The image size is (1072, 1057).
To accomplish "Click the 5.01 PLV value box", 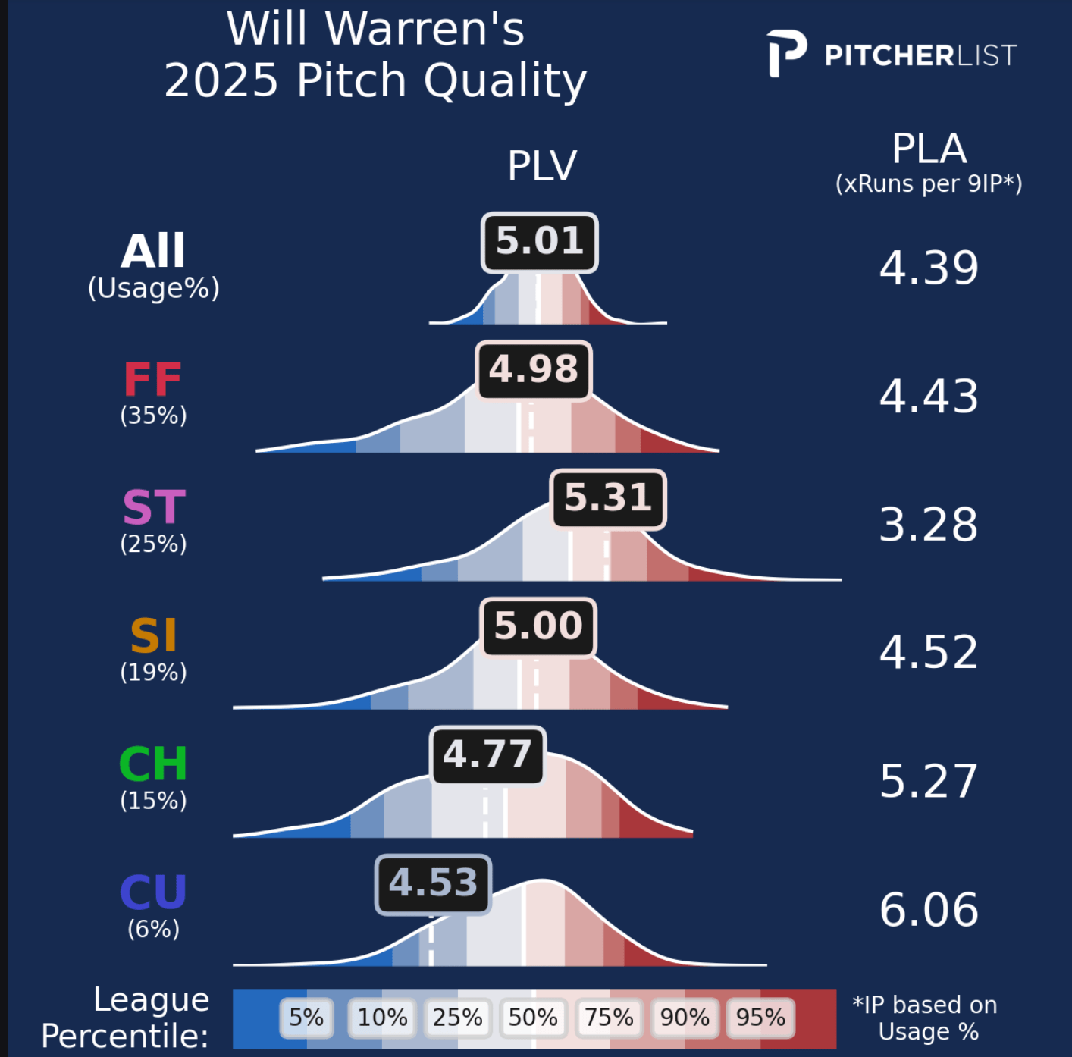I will pyautogui.click(x=540, y=242).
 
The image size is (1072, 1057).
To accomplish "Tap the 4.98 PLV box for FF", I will pyautogui.click(x=533, y=370).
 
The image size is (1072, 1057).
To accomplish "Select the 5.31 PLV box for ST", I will pyautogui.click(x=608, y=498).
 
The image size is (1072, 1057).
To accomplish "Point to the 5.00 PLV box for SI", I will pyautogui.click(x=538, y=627).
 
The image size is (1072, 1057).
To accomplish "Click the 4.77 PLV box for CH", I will pyautogui.click(x=487, y=755).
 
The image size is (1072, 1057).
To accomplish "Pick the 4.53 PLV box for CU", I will pyautogui.click(x=434, y=884).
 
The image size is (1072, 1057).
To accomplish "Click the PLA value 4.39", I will pyautogui.click(x=929, y=268).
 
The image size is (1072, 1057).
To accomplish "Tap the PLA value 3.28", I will pyautogui.click(x=929, y=525).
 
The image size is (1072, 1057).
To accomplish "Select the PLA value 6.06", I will pyautogui.click(x=929, y=910).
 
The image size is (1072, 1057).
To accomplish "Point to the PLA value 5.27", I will pyautogui.click(x=929, y=782).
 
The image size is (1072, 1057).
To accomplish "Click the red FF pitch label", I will pyautogui.click(x=153, y=380).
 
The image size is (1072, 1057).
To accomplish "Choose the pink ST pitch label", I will pyautogui.click(x=154, y=508).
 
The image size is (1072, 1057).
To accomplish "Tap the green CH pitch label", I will pyautogui.click(x=153, y=764).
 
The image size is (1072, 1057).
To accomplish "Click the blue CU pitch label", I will pyautogui.click(x=153, y=892).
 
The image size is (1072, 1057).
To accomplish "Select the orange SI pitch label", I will pyautogui.click(x=153, y=636).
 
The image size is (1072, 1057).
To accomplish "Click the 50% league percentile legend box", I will pyautogui.click(x=533, y=1018).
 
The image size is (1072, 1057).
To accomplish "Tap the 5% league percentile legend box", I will pyautogui.click(x=306, y=1018).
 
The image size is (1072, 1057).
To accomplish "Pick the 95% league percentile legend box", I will pyautogui.click(x=760, y=1018).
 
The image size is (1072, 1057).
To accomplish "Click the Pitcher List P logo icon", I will pyautogui.click(x=785, y=54).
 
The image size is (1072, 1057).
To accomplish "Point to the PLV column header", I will pyautogui.click(x=542, y=166).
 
